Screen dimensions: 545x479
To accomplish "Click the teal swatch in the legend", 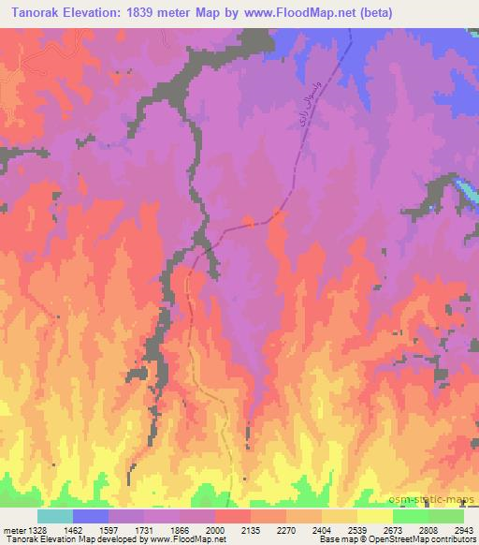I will [54, 516].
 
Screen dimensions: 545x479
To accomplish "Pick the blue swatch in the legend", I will [91, 516].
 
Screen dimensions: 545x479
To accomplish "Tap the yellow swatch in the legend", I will [375, 516].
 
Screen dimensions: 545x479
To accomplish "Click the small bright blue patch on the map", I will [465, 193].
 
